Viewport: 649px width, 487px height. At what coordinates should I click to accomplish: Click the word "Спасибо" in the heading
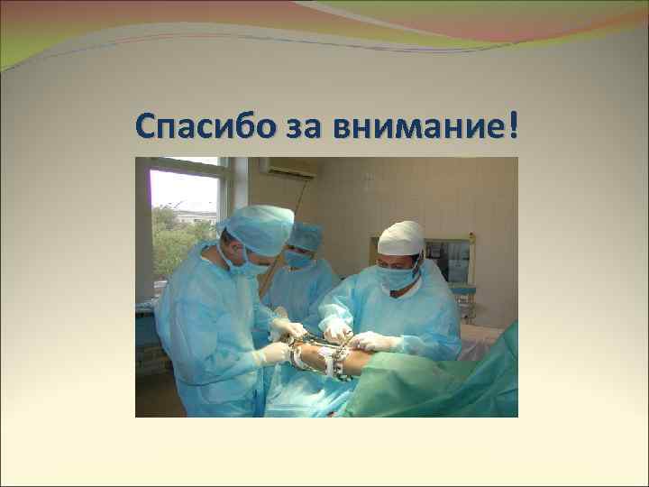pos(193,127)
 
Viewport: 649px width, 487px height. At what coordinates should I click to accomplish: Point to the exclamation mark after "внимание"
pos(514,126)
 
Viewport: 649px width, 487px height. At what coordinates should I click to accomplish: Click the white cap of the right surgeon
pos(401,238)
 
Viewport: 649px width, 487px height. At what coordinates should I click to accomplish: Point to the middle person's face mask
pos(298,260)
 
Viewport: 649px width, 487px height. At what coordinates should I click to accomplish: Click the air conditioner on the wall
pos(288,167)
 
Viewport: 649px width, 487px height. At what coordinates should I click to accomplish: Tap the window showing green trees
pos(184,225)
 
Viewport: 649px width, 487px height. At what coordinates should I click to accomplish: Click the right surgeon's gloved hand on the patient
pos(374,341)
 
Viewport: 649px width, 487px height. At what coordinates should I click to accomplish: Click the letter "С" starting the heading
pos(147,127)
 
